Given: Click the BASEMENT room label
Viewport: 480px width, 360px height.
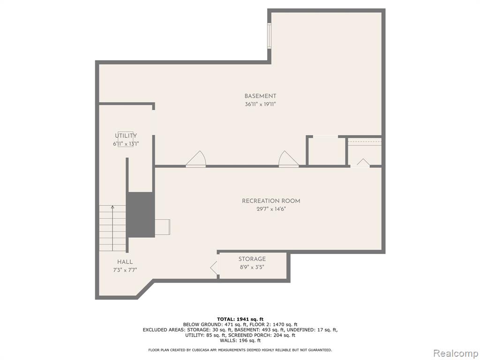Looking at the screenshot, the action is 260,96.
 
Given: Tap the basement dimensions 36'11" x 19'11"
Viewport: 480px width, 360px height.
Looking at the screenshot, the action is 260,104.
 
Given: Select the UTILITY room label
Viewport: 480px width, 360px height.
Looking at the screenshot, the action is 126,135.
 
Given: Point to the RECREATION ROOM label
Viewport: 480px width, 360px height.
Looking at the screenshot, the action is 271,201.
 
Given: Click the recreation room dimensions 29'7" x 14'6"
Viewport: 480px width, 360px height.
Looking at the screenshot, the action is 271,210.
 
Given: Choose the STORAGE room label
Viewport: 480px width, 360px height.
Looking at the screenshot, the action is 252,259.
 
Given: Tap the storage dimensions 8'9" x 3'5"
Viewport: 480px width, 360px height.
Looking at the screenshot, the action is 252,267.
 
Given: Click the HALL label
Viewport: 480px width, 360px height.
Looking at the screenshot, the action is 125,262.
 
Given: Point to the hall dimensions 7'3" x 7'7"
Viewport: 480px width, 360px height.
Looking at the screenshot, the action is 125,270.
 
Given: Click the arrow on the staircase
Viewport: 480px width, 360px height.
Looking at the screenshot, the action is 112,228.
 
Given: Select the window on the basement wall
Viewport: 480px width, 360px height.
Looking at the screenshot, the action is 269,36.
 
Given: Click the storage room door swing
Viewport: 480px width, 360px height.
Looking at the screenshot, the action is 214,268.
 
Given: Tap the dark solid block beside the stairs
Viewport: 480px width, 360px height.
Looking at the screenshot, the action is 141,215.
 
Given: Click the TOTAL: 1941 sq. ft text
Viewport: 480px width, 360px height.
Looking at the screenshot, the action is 240,319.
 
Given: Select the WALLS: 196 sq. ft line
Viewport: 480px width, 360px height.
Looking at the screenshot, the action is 240,340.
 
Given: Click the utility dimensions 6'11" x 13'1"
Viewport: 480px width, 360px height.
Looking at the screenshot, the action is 126,144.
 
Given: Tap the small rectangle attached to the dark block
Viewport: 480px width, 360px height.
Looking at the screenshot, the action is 162,227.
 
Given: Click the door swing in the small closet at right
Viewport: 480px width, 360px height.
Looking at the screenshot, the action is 363,163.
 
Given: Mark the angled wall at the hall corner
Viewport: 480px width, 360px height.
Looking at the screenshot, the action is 146,289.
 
